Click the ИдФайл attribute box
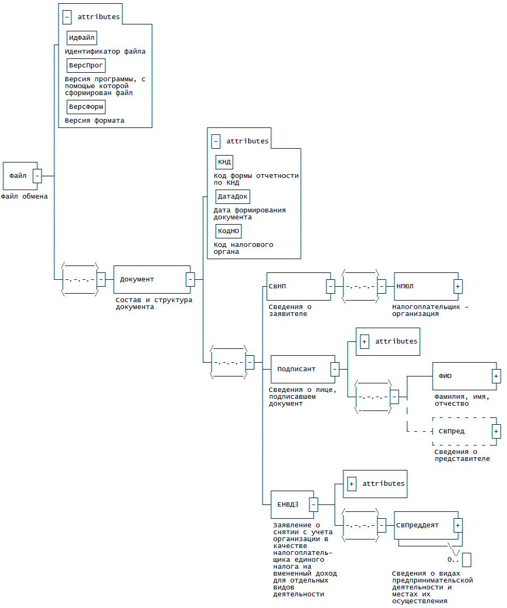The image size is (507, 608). pos(82,38)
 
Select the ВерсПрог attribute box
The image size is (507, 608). pos(86,65)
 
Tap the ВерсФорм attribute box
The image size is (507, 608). pos(86,107)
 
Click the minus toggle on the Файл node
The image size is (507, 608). pos(37,176)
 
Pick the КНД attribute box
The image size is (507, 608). pos(224,162)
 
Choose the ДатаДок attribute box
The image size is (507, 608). pos(232,196)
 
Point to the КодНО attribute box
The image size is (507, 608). pos(229,231)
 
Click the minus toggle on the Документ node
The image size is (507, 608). pos(190,279)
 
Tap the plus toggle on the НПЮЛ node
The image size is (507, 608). pos(458,286)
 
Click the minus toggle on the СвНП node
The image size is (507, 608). pos(330,286)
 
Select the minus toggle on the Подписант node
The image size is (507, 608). pos(335,369)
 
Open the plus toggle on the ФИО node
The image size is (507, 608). pos(496,376)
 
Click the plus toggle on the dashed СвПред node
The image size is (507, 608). pos(496,431)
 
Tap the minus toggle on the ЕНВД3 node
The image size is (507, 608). pos(314,504)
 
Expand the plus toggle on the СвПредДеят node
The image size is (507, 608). pos(458,525)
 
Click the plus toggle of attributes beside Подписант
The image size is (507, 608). pos(365,341)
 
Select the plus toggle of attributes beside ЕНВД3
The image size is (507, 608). pos(352,484)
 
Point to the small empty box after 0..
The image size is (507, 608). pos(467,560)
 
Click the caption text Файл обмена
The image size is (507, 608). pos(24,196)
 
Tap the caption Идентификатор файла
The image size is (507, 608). pos(105,52)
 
